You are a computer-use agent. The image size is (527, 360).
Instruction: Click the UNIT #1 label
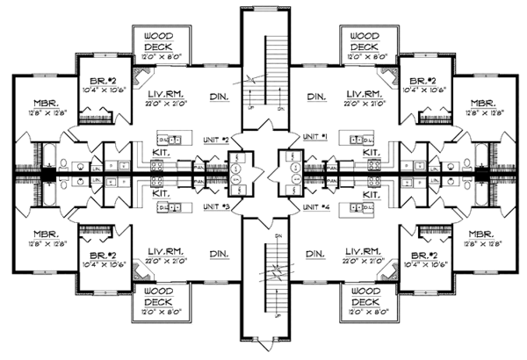(314, 138)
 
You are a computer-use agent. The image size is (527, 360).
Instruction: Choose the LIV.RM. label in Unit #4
(363, 251)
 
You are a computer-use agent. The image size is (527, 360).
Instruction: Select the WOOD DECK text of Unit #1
(364, 40)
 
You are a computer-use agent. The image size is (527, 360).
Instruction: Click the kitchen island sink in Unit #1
(360, 139)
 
